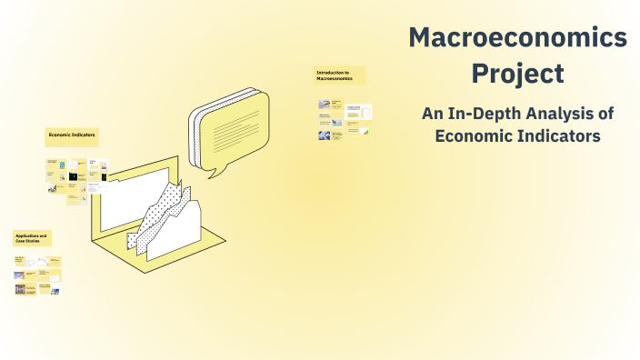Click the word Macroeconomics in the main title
(517, 37)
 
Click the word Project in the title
(517, 72)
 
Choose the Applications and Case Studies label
(32, 238)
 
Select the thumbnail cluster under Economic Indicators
(78, 176)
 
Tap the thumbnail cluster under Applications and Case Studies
(37, 275)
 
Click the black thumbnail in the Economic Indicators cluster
(103, 177)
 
